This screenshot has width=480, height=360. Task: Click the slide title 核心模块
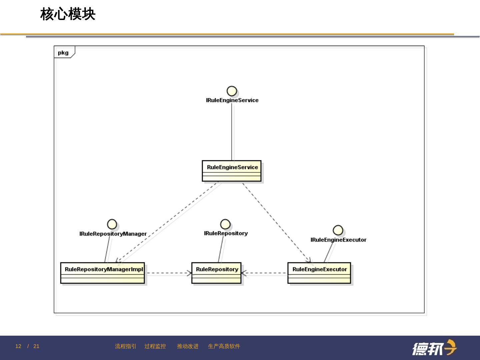pyautogui.click(x=68, y=14)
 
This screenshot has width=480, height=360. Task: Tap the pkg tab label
pyautogui.click(x=63, y=53)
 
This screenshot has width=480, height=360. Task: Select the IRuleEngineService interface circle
pyautogui.click(x=232, y=91)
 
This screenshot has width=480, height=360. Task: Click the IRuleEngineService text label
pyautogui.click(x=232, y=100)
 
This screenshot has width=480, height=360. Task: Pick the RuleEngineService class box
pyautogui.click(x=232, y=171)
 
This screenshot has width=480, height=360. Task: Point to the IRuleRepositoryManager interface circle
pyautogui.click(x=112, y=224)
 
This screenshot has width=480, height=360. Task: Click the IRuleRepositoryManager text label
pyautogui.click(x=113, y=234)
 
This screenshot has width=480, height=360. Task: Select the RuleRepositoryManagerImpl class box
pyautogui.click(x=102, y=273)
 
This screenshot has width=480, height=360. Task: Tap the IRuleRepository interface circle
pyautogui.click(x=225, y=224)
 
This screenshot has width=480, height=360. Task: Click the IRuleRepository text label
pyautogui.click(x=226, y=233)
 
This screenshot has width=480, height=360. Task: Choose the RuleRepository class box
pyautogui.click(x=216, y=273)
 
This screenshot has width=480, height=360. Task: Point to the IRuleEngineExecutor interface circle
pyautogui.click(x=338, y=230)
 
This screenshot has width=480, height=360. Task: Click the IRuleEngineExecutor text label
pyautogui.click(x=338, y=240)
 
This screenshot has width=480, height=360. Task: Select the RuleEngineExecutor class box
pyautogui.click(x=319, y=273)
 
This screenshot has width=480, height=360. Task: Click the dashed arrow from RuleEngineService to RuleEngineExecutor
pyautogui.click(x=277, y=223)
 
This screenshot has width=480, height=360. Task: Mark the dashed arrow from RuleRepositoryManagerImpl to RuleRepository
pyautogui.click(x=168, y=273)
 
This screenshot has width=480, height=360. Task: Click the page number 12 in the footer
pyautogui.click(x=18, y=346)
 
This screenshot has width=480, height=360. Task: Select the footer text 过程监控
pyautogui.click(x=155, y=346)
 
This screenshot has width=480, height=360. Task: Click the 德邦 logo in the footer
pyautogui.click(x=434, y=348)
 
